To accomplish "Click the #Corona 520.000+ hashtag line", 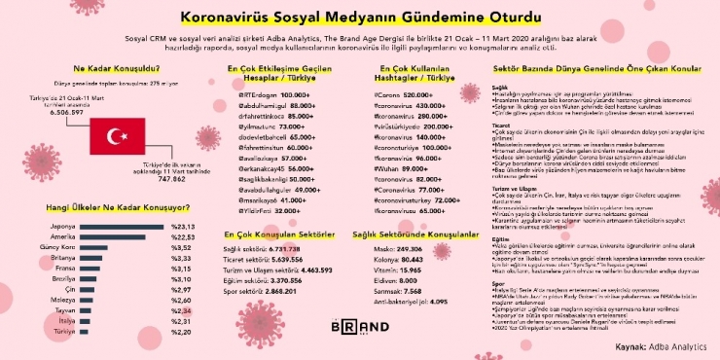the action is (x=403, y=94).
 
